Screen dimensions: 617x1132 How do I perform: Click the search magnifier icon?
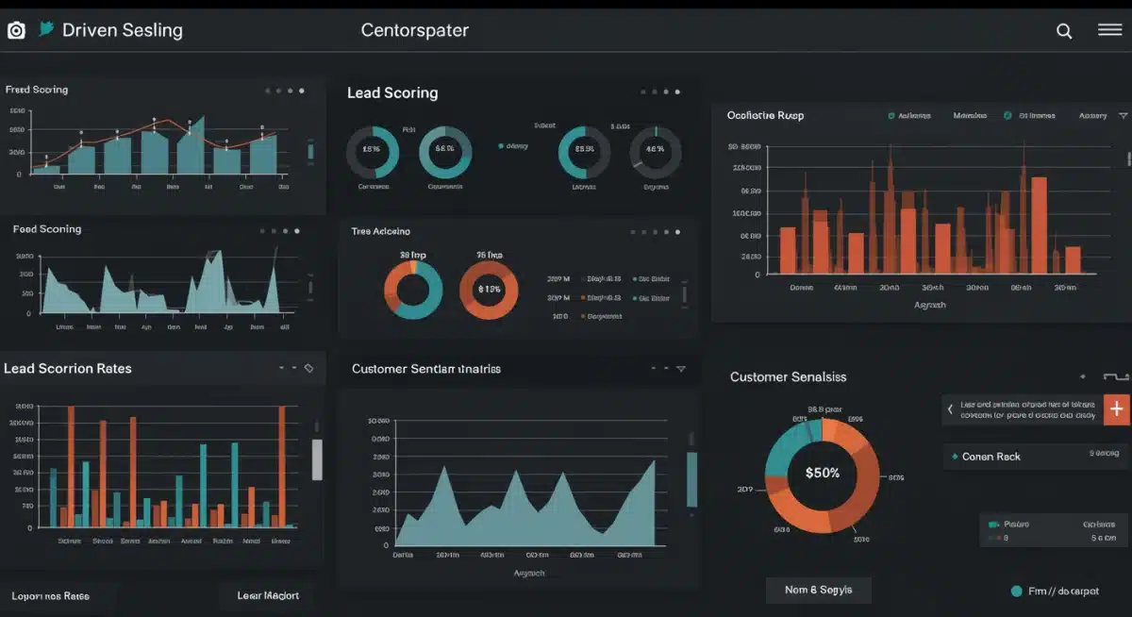(1064, 31)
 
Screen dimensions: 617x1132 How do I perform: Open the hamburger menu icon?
(1109, 30)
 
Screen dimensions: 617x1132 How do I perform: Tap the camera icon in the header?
(16, 30)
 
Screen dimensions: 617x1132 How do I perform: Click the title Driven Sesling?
(122, 30)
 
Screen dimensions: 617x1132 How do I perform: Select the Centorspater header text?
(414, 30)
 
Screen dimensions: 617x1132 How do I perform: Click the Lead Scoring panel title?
(392, 92)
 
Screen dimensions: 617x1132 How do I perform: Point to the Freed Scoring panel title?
(37, 90)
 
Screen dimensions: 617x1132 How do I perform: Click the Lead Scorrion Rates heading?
(68, 368)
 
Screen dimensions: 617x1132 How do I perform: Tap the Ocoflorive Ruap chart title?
(765, 115)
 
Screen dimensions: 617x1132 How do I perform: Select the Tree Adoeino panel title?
(381, 231)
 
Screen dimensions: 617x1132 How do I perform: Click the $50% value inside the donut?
(822, 473)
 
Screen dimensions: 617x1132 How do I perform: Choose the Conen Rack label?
(990, 457)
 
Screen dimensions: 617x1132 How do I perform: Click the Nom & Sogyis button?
(818, 590)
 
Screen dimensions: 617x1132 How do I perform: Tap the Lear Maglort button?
(268, 595)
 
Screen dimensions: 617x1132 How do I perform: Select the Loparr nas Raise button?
(51, 596)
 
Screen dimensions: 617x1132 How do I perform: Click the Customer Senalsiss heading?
(788, 376)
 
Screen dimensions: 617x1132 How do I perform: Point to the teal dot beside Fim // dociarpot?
(1016, 592)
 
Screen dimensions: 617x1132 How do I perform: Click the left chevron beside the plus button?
(950, 409)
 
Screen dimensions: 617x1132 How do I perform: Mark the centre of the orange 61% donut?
(489, 290)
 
